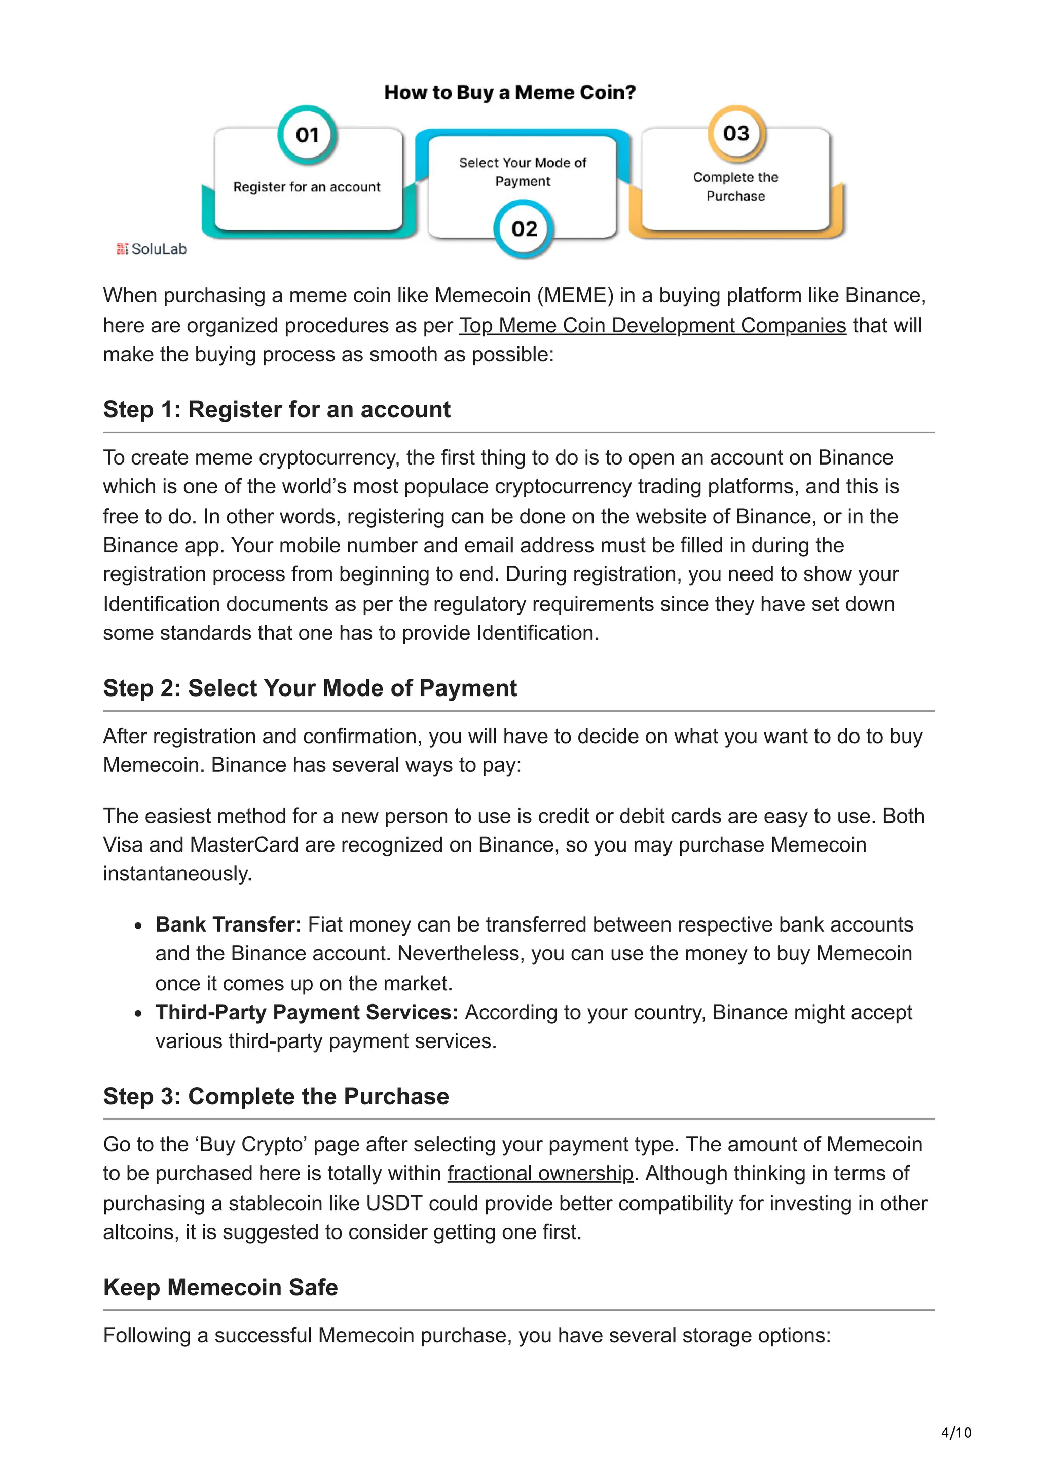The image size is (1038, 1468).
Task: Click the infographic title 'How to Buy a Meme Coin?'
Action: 510,93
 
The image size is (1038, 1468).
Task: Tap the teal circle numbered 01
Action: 307,135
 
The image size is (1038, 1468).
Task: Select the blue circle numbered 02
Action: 524,229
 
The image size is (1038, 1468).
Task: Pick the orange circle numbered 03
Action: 735,134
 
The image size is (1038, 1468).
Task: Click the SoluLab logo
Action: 152,249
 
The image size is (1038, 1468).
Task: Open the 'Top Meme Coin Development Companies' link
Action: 652,325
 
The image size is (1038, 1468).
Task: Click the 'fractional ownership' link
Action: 540,1173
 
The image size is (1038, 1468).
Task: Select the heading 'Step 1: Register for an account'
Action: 276,410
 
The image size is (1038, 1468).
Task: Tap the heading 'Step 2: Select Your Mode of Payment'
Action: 310,688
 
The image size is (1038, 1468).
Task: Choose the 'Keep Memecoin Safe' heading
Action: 220,1287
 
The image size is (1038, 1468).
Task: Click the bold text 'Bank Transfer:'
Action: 228,924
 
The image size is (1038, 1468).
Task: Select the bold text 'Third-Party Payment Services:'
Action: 306,1012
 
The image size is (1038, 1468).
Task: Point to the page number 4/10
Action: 955,1433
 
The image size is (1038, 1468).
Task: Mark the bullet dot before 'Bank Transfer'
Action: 138,926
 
